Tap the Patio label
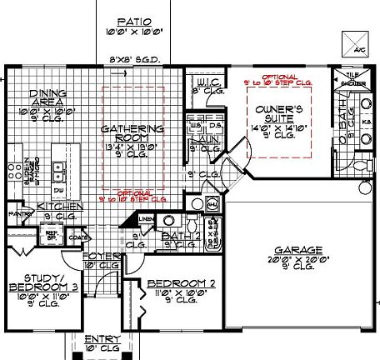click(132, 22)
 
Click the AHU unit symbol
click(212, 206)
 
